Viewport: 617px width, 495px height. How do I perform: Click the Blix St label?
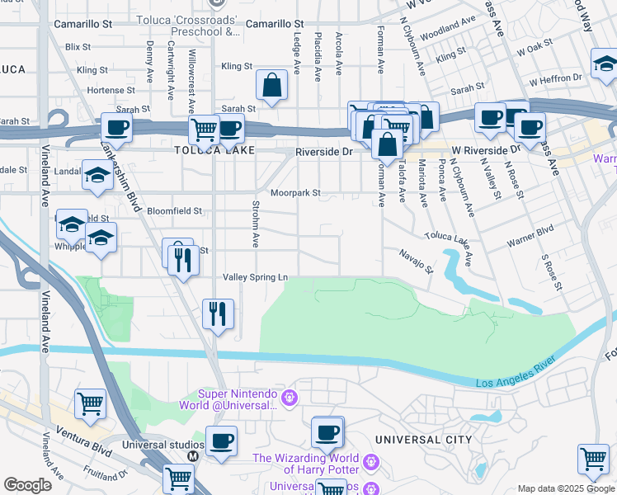pos(78,47)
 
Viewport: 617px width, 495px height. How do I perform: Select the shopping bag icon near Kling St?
pos(271,84)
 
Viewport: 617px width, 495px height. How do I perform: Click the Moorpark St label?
pos(296,193)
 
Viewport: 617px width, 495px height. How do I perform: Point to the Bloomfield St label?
pos(175,211)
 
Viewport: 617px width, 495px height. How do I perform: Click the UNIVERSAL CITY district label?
pos(423,440)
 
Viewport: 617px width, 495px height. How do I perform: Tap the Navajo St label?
pos(417,262)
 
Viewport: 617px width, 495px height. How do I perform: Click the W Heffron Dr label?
pos(556,78)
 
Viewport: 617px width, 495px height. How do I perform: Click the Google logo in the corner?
pos(27,485)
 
